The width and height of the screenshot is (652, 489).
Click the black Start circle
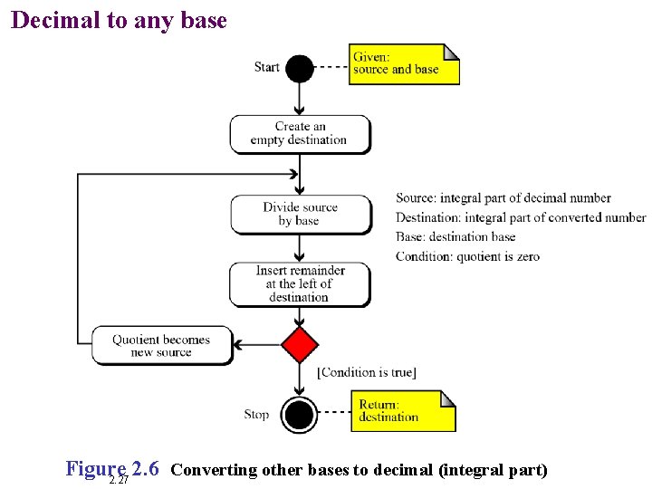tap(300, 69)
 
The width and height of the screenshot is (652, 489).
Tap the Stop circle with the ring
tap(300, 415)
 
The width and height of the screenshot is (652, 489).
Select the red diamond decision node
tap(300, 345)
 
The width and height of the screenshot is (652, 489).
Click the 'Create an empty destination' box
tap(300, 133)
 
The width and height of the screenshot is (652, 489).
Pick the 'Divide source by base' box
tap(300, 214)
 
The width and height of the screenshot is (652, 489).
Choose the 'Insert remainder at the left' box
tap(300, 283)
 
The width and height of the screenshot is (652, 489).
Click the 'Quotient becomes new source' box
tap(162, 346)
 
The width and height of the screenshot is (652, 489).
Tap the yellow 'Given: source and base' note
tap(404, 64)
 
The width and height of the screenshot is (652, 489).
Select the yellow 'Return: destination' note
tap(403, 411)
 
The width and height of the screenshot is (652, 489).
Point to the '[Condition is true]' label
tap(367, 372)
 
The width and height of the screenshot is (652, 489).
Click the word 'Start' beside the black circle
tap(267, 67)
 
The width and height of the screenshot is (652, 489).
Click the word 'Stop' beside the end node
tap(256, 415)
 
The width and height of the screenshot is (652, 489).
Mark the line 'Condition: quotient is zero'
tap(467, 256)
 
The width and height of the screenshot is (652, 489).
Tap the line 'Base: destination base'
tap(455, 237)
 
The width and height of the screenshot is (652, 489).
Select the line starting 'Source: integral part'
tap(503, 198)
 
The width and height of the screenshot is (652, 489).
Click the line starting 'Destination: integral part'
tap(521, 217)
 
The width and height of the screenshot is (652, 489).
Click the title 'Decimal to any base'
tap(119, 20)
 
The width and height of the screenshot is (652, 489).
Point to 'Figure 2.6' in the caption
tap(112, 469)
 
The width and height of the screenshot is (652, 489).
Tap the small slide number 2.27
tap(118, 480)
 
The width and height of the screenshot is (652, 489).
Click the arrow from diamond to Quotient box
tap(258, 345)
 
